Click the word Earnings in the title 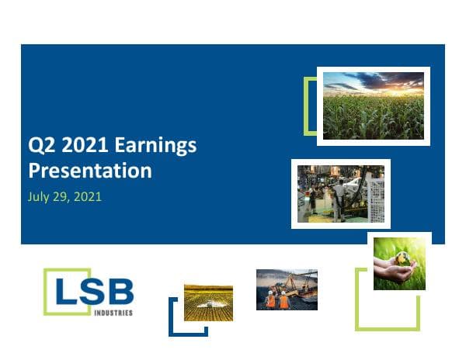[x=155, y=145]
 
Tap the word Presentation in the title [x=89, y=170]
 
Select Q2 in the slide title [x=40, y=145]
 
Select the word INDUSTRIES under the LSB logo [x=115, y=313]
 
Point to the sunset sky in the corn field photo [x=373, y=81]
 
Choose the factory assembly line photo [x=340, y=194]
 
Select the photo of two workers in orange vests [x=287, y=289]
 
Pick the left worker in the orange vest [x=271, y=299]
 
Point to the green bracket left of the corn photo [x=308, y=106]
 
